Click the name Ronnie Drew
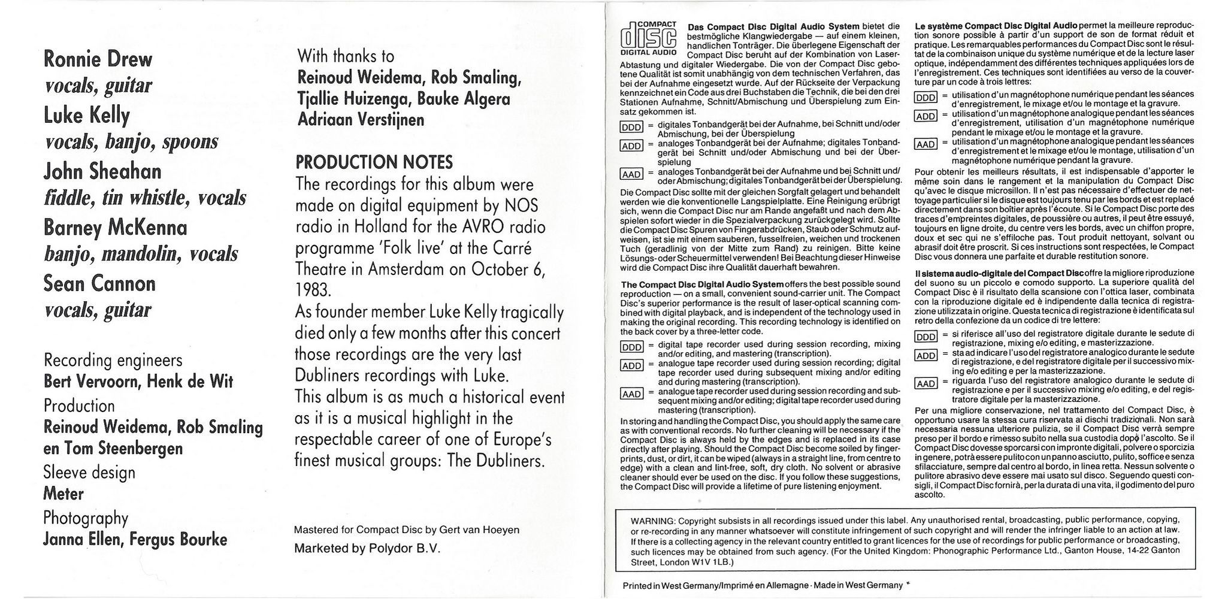coord(98,59)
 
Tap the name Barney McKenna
coord(115,228)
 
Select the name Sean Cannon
coord(99,283)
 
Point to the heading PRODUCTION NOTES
coord(374,162)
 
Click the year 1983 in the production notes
coord(313,291)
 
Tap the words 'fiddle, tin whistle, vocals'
coord(144,198)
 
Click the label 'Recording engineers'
coord(113,361)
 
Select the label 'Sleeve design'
coord(89,473)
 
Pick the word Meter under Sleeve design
coord(63,494)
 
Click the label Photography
coord(86,518)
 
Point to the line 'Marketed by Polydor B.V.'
coord(367,549)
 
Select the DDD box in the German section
coord(631,127)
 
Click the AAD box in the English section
coord(631,394)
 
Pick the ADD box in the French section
coord(925,116)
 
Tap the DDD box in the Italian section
coord(925,337)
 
